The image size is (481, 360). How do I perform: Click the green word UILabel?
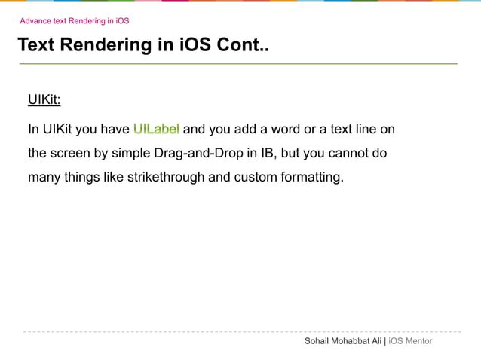pyautogui.click(x=156, y=129)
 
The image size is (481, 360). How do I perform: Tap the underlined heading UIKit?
pyautogui.click(x=44, y=100)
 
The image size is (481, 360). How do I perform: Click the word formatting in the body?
pyautogui.click(x=311, y=177)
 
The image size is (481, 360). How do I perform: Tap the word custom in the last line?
pyautogui.click(x=255, y=177)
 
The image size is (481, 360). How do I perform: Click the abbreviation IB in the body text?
pyautogui.click(x=268, y=153)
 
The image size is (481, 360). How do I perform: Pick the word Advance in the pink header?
pyautogui.click(x=35, y=20)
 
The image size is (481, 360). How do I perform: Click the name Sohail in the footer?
pyautogui.click(x=317, y=342)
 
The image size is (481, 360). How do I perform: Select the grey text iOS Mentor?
pyautogui.click(x=410, y=342)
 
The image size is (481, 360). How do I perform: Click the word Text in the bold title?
pyautogui.click(x=35, y=45)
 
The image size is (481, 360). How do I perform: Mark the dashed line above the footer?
pyautogui.click(x=241, y=331)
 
